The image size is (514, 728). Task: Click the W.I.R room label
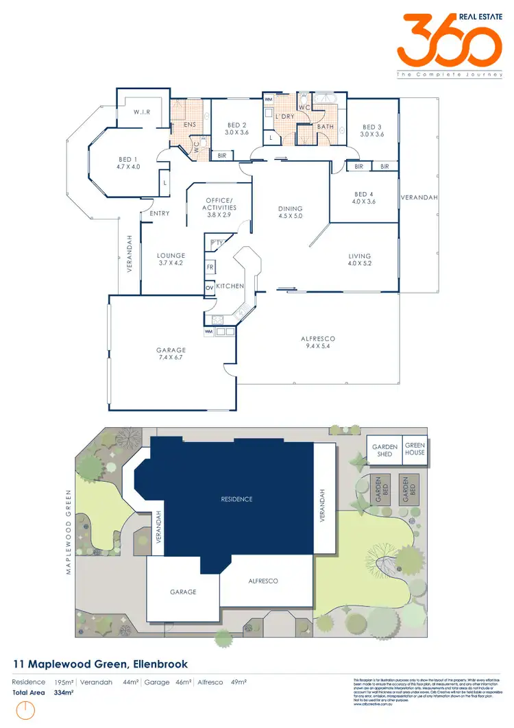pos(142,112)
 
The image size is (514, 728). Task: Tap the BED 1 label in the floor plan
pos(128,163)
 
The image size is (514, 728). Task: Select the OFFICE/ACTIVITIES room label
pos(220,207)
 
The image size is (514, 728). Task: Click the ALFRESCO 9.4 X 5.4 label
pos(318,342)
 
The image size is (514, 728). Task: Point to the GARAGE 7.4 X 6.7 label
pos(171,354)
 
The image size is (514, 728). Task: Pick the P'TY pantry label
pos(217,243)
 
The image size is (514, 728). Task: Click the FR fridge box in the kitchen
pos(210,267)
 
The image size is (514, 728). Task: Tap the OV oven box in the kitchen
pos(209,288)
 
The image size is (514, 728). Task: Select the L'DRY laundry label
pos(284,117)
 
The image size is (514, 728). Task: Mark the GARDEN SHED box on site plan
pos(384,450)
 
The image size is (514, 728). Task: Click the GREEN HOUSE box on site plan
pos(414,449)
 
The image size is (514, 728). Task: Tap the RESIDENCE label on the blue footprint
pos(236,499)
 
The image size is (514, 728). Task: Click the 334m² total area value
pos(64,692)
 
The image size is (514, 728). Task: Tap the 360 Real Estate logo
pos(448,41)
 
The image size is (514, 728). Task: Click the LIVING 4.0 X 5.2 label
pos(363,260)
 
